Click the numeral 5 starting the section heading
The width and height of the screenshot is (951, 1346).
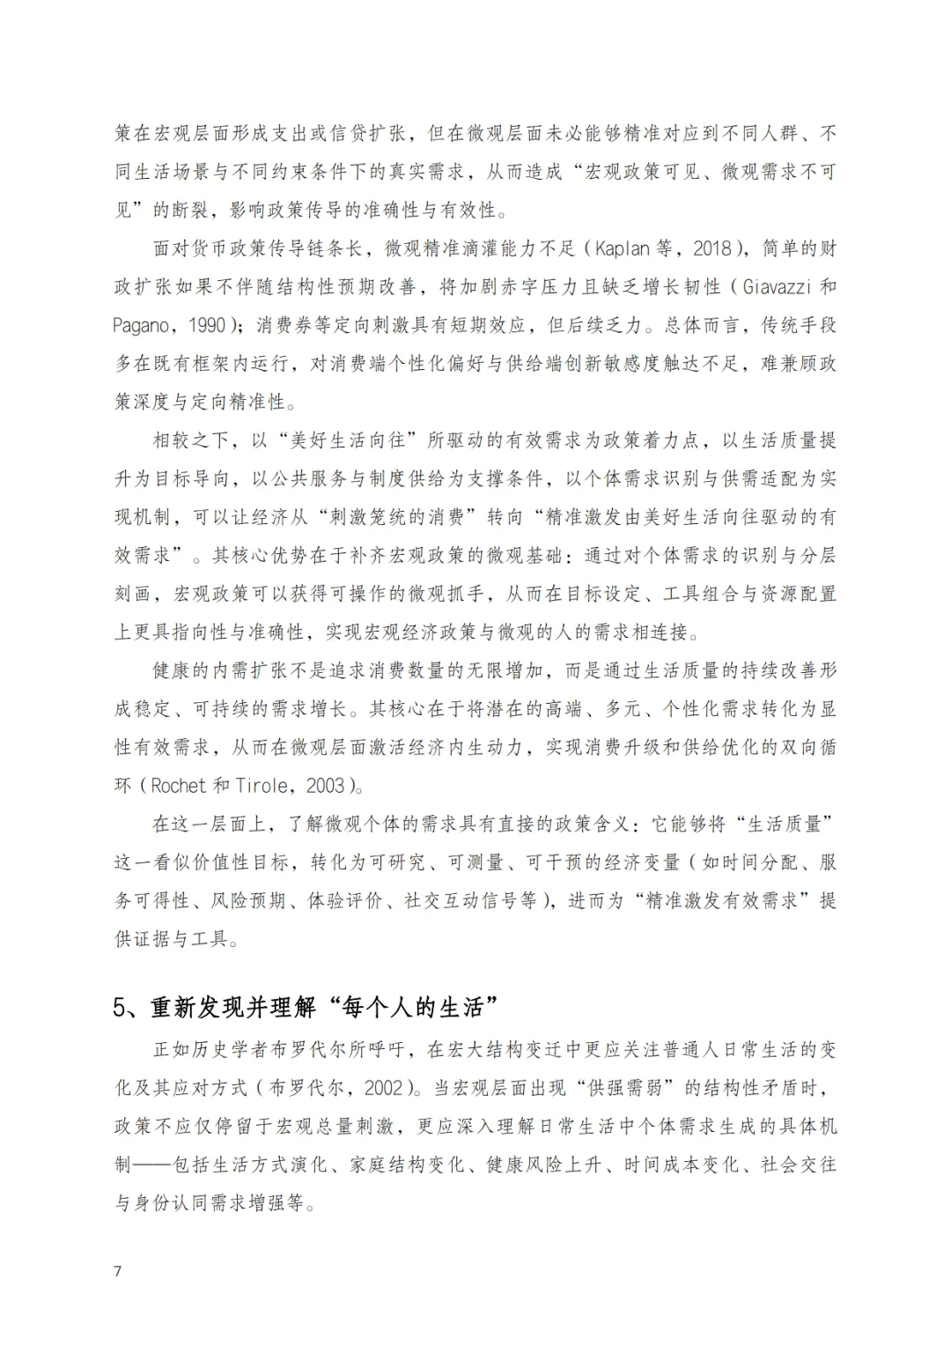122,1008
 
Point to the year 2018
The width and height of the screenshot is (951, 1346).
711,248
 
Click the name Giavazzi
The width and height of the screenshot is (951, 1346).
777,287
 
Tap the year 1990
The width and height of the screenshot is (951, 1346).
208,325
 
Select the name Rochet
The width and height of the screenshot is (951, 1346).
179,786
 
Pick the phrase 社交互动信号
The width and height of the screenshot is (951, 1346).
459,900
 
